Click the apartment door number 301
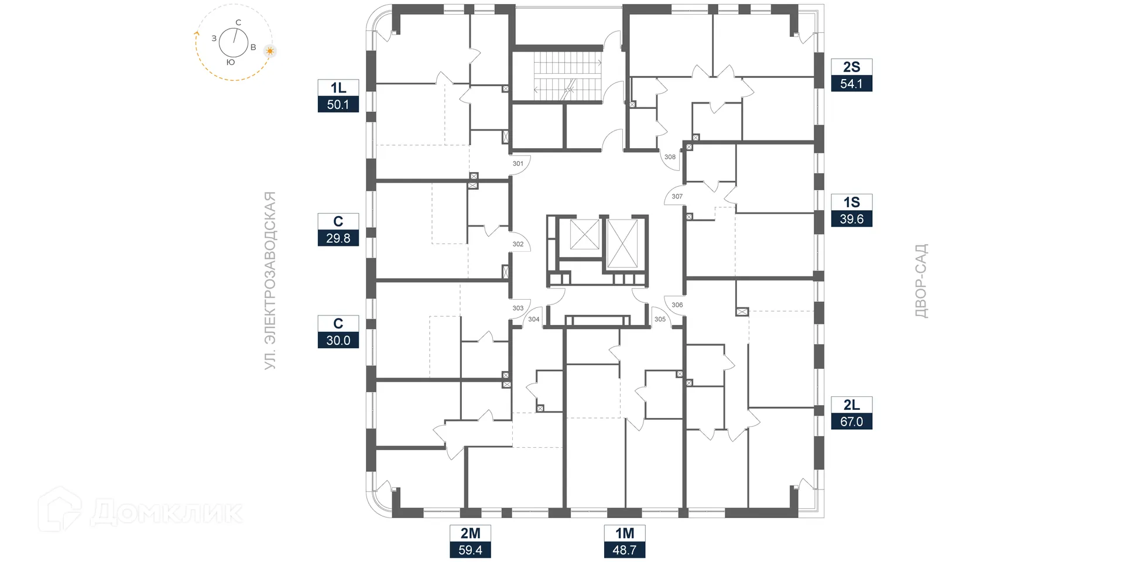[518, 163]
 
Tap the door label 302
[518, 244]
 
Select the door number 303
[518, 308]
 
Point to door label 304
[534, 319]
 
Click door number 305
[660, 319]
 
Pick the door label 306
[677, 304]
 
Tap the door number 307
[677, 196]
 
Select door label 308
[670, 156]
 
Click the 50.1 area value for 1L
[338, 105]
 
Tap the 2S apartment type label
[851, 67]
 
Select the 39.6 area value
[851, 219]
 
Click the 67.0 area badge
[851, 421]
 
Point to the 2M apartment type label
[470, 533]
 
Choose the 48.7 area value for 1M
[624, 550]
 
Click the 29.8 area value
[338, 238]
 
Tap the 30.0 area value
[338, 340]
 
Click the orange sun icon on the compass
[270, 51]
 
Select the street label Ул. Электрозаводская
[269, 280]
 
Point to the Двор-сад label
[921, 280]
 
